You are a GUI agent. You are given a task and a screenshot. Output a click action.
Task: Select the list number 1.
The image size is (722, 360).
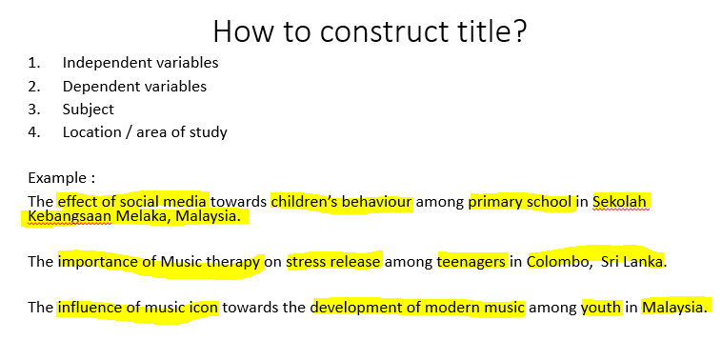click(33, 63)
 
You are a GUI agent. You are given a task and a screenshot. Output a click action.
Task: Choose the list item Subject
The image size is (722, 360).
click(88, 109)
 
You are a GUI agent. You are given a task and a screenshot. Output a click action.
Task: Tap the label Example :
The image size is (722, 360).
click(61, 178)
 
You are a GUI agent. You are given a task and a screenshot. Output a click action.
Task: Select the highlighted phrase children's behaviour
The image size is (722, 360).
click(341, 201)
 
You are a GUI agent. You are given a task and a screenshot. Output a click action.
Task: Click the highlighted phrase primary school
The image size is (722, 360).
click(520, 201)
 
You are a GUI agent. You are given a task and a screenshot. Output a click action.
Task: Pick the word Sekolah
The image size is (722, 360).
click(620, 201)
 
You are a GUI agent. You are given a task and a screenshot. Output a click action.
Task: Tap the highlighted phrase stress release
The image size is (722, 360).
click(333, 261)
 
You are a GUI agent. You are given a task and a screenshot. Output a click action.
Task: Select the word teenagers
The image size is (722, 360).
click(471, 261)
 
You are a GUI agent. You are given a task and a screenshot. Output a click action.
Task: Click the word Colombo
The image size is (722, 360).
click(556, 261)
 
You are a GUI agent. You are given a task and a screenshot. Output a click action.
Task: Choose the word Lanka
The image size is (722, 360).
click(642, 261)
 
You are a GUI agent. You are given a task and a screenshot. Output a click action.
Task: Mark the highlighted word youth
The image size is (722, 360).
click(601, 308)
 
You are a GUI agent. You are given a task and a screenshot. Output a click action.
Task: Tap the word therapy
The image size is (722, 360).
click(229, 261)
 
